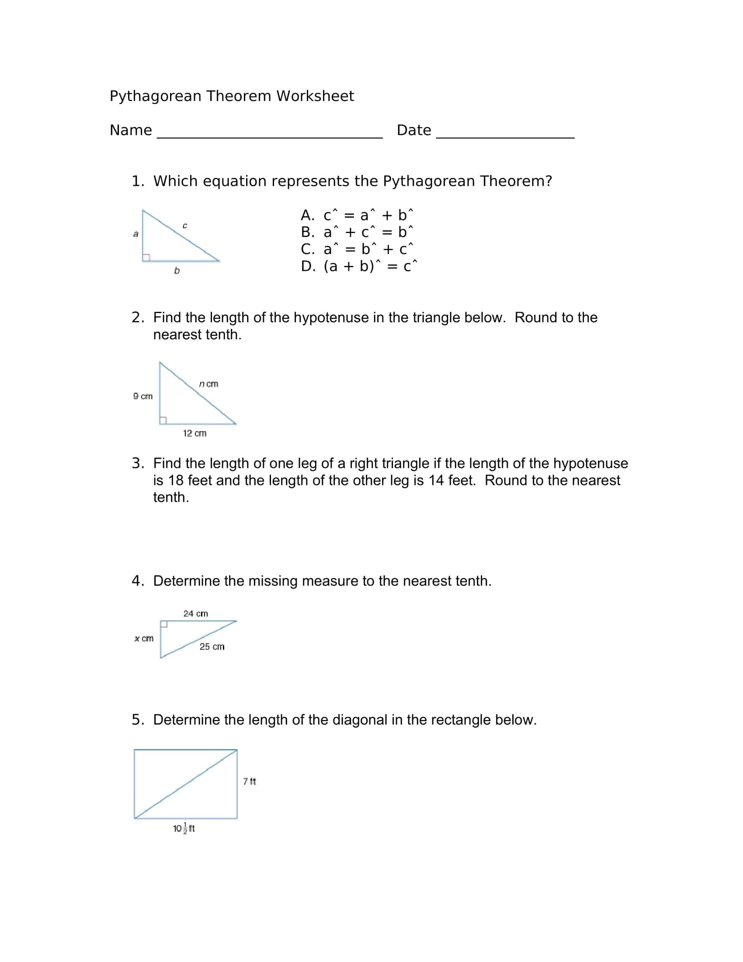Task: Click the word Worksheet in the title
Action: point(315,96)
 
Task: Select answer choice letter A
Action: point(307,216)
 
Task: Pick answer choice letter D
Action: point(307,266)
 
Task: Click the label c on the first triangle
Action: point(185,226)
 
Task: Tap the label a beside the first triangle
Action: point(135,234)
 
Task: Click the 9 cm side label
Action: point(142,397)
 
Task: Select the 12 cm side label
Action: point(194,433)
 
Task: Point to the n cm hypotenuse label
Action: point(208,384)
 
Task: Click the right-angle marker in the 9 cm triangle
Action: point(163,420)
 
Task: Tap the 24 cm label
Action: point(195,613)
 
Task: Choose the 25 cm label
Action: point(212,647)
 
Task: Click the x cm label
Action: point(143,638)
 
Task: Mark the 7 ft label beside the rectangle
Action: point(250,781)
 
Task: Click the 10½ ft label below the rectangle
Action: point(184,829)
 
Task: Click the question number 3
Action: point(137,464)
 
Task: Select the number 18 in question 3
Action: point(176,481)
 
